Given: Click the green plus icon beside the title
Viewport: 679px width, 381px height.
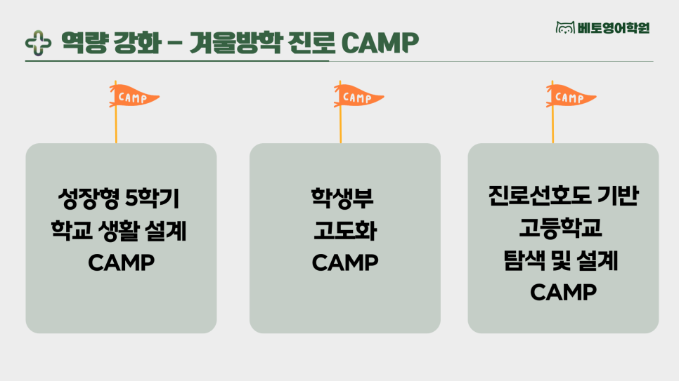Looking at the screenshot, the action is pyautogui.click(x=38, y=43).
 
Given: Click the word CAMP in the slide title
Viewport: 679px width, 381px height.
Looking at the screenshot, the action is pyautogui.click(x=380, y=42).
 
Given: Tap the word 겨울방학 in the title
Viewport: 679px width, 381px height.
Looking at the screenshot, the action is pyautogui.click(x=235, y=42).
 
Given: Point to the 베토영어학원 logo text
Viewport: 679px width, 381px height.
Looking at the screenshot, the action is pyautogui.click(x=614, y=28).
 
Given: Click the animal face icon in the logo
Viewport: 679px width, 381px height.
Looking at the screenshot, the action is pyautogui.click(x=565, y=27).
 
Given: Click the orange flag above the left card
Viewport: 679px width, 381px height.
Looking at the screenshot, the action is pyautogui.click(x=134, y=97).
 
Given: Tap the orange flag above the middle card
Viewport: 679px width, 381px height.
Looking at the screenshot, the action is pyautogui.click(x=358, y=97).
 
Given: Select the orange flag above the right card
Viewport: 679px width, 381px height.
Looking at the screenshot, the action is pyautogui.click(x=570, y=97).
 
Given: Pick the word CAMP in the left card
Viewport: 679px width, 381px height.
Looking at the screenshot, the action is pyautogui.click(x=121, y=262).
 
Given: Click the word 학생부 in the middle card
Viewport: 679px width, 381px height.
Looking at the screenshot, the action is pyautogui.click(x=342, y=199).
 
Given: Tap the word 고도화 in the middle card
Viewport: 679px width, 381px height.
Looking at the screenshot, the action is pyautogui.click(x=345, y=230).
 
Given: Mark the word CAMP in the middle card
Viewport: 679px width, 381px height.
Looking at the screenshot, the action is pyautogui.click(x=345, y=262).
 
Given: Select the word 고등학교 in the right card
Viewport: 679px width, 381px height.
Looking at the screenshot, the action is pyautogui.click(x=561, y=227).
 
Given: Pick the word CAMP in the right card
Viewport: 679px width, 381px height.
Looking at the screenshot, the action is pyautogui.click(x=564, y=293).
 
